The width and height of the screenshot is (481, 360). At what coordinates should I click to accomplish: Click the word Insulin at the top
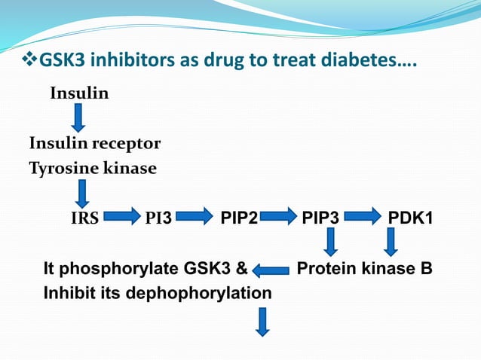[79, 94]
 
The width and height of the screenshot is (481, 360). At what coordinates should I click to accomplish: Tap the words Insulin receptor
[94, 143]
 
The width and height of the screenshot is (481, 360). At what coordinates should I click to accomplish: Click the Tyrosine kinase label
[93, 168]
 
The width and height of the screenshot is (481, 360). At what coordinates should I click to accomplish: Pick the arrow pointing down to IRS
[81, 195]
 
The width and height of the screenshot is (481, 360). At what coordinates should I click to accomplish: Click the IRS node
[84, 219]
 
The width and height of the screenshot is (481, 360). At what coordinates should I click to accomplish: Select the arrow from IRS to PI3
[121, 219]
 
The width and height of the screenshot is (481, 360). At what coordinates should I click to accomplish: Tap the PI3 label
[158, 219]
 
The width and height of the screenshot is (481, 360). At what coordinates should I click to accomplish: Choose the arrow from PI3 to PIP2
[195, 219]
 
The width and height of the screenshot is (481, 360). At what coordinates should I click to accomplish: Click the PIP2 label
[239, 219]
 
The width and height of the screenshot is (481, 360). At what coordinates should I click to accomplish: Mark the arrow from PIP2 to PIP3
[278, 219]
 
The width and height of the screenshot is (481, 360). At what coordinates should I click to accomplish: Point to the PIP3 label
[320, 219]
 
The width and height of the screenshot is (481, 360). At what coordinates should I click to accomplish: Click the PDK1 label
[410, 219]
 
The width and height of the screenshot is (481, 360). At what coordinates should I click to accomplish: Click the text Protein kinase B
[365, 268]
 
